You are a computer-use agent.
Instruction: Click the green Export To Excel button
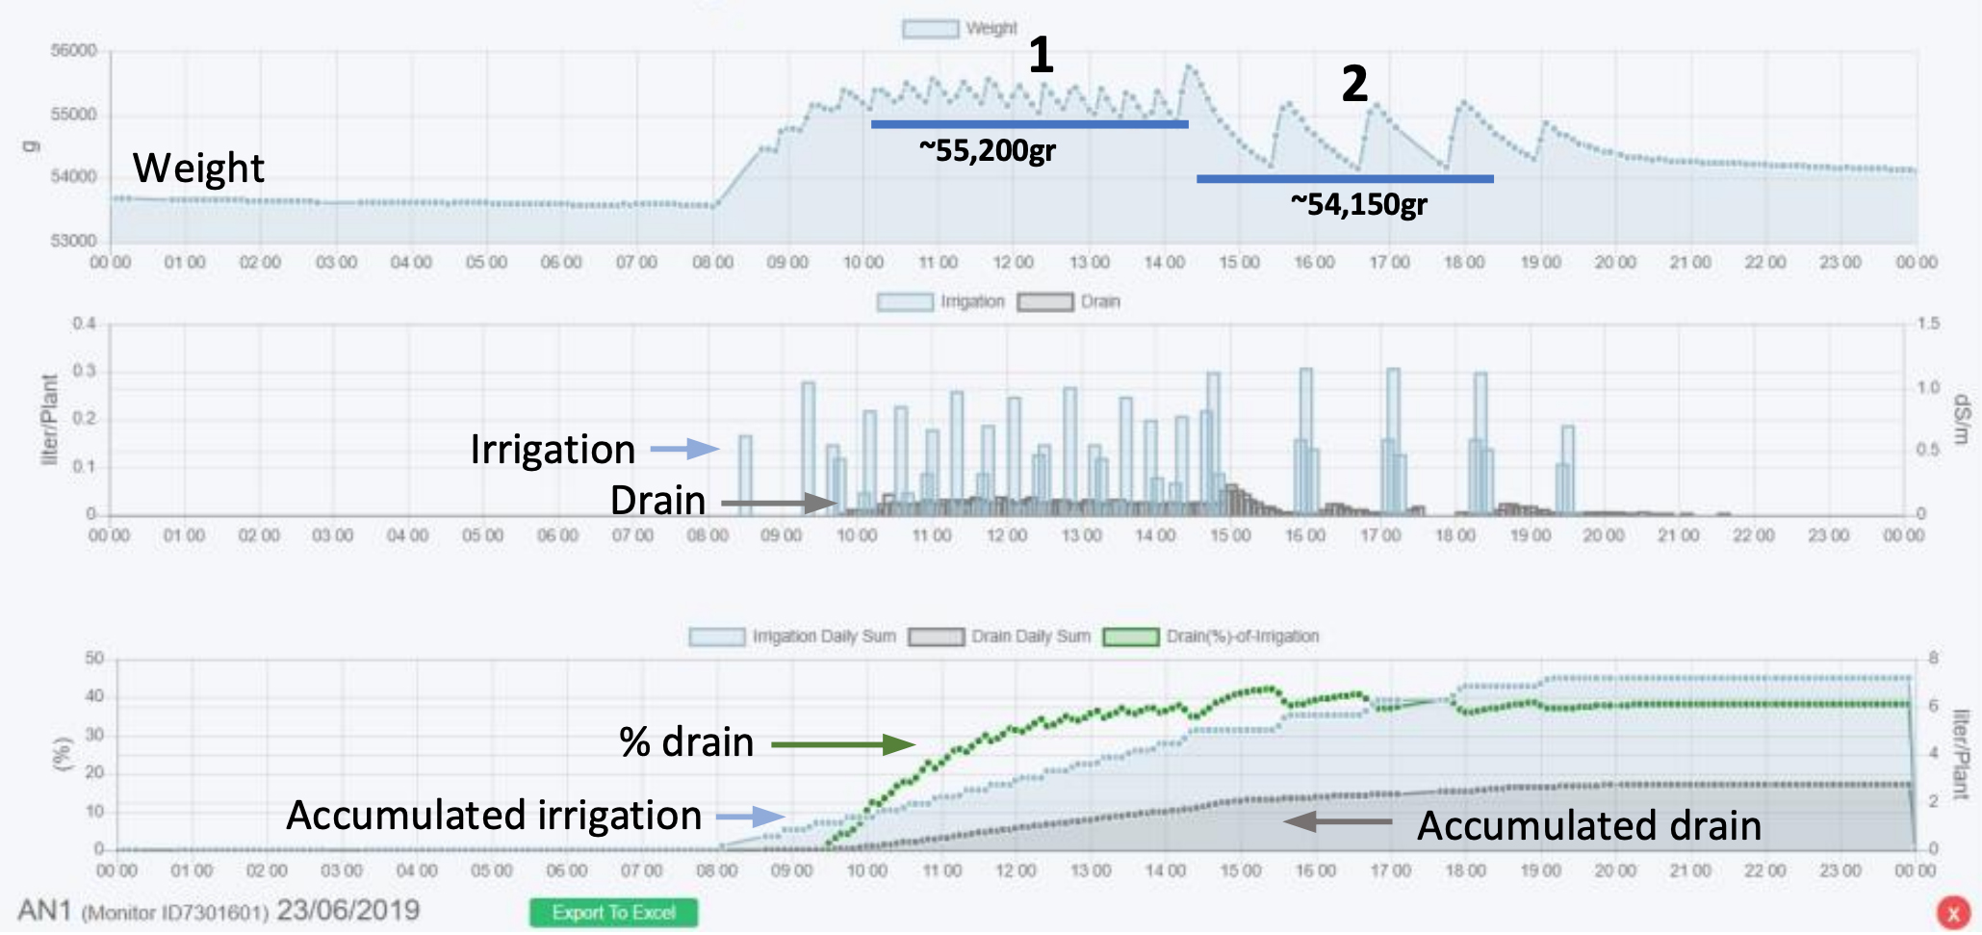(x=613, y=912)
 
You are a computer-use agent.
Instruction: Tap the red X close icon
(x=1953, y=912)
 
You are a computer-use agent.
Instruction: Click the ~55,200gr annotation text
(x=987, y=150)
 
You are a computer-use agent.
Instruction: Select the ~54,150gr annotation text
(x=1358, y=203)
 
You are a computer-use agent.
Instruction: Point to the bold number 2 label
(x=1354, y=84)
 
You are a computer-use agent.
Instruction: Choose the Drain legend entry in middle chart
(x=1068, y=302)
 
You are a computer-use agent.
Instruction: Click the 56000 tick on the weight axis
(x=74, y=51)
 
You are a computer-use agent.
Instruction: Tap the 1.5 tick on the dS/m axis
(x=1928, y=324)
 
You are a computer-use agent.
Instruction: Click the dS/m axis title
(x=1961, y=419)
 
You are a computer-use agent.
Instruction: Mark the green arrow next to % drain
(x=842, y=744)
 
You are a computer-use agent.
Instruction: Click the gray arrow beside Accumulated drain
(x=1338, y=821)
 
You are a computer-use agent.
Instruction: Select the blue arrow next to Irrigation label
(x=684, y=449)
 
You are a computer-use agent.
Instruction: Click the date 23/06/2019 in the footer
(x=347, y=910)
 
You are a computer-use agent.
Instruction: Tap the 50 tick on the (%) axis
(x=94, y=659)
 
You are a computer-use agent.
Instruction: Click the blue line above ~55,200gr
(x=1029, y=124)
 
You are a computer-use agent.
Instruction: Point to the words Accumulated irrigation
(x=494, y=816)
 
